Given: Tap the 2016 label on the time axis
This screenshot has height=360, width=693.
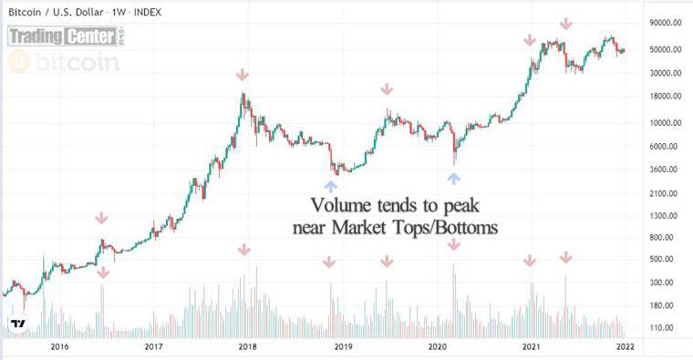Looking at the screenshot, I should (59, 346).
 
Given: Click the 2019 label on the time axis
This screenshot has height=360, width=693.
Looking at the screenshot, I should (342, 346).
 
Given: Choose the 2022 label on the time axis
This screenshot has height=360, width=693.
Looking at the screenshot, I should (625, 346).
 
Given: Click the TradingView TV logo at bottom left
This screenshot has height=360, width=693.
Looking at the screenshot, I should (17, 324).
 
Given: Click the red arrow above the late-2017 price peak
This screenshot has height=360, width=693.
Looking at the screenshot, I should (242, 75).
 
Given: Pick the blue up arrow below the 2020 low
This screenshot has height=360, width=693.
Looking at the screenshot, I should (453, 179).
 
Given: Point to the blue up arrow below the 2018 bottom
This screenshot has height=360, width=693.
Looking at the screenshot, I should (328, 185).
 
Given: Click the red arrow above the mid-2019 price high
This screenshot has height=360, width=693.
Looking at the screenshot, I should (387, 89).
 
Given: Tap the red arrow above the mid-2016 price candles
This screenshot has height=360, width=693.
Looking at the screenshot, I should (101, 219).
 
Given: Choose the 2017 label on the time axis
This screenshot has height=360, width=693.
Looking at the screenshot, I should (153, 346).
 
